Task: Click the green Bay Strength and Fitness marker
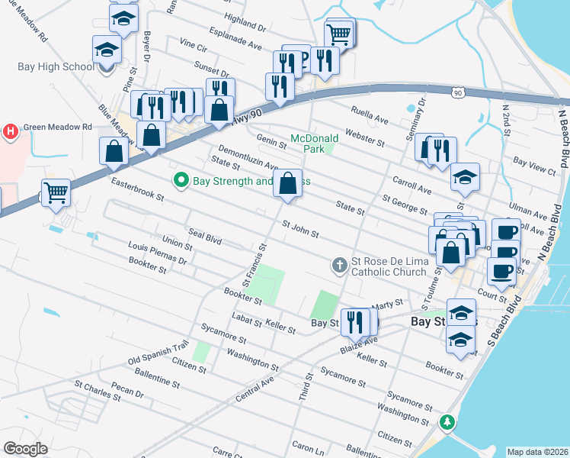(x=181, y=181)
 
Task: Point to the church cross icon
(x=339, y=265)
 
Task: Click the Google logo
(x=25, y=449)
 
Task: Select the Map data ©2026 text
(x=537, y=451)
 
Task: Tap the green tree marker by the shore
(x=450, y=421)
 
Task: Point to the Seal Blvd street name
(x=204, y=237)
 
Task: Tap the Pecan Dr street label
(x=129, y=394)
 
